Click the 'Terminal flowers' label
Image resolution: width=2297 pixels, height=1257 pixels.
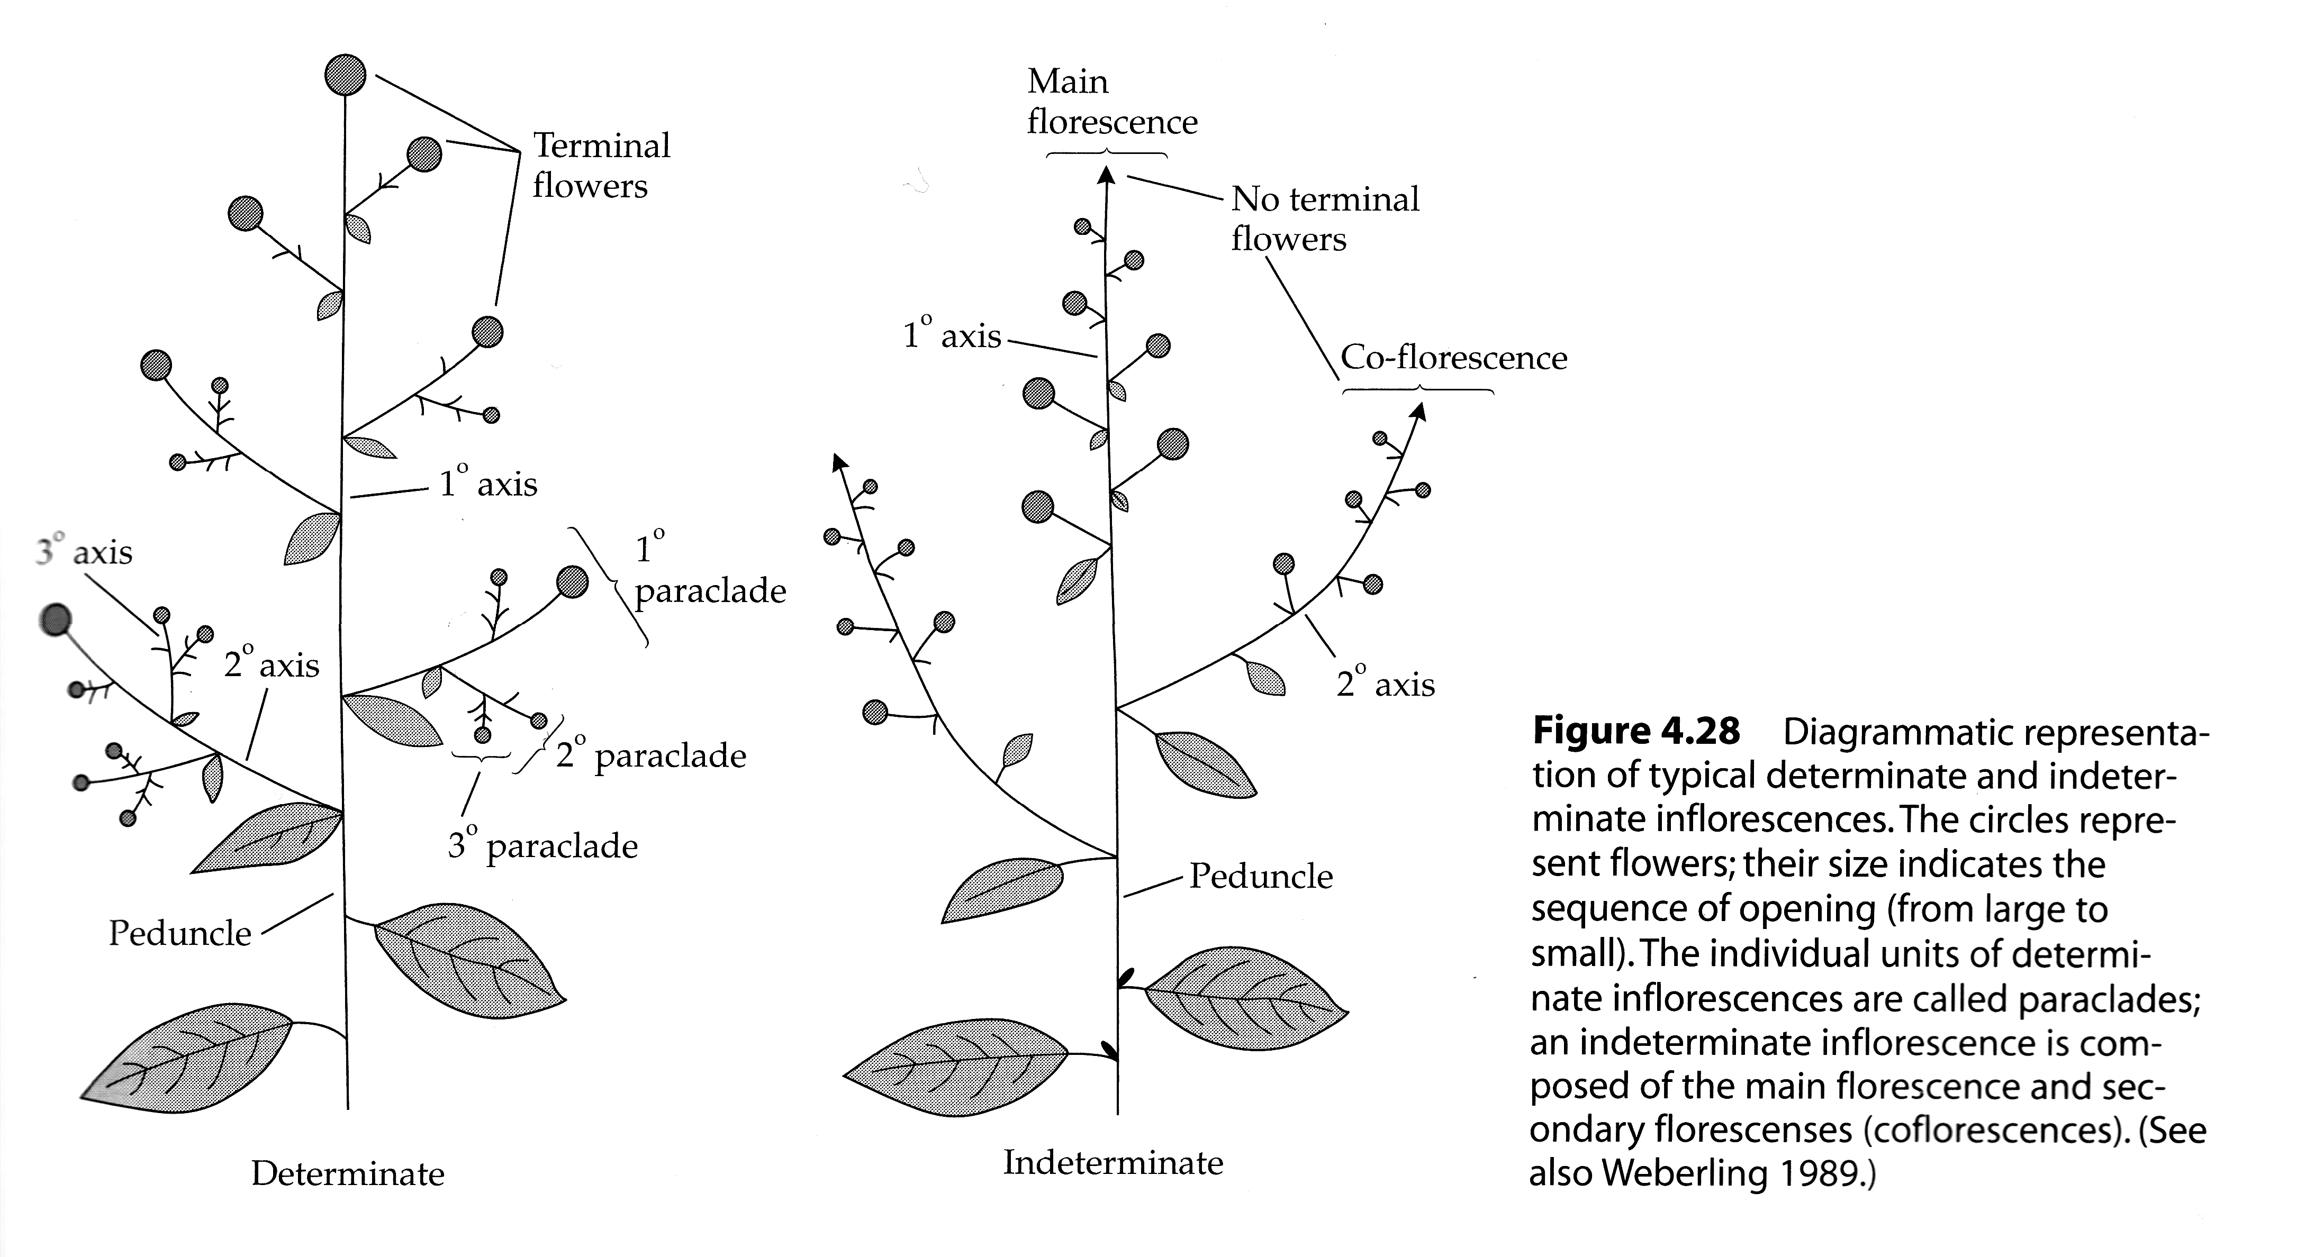600,166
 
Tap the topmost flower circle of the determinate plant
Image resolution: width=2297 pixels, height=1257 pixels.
345,75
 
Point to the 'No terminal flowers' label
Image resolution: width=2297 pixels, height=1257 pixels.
1324,218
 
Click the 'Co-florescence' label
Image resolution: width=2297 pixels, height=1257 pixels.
1453,358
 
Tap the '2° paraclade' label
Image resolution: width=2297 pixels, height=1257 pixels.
651,755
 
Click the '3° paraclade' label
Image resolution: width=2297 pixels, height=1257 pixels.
542,845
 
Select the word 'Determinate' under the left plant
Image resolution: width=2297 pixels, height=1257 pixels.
348,1173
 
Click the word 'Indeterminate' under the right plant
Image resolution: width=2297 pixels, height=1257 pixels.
1113,1162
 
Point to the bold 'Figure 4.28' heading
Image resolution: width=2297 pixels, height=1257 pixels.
1635,731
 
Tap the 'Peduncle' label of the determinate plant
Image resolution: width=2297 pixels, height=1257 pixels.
180,933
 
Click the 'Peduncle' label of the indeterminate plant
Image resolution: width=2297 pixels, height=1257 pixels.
1261,876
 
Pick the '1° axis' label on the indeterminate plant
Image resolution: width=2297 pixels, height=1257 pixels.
952,335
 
